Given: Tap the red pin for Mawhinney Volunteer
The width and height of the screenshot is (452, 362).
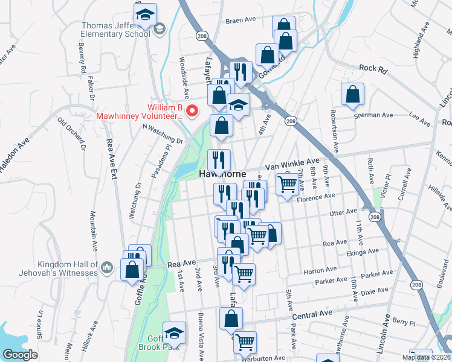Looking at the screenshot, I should [192, 110].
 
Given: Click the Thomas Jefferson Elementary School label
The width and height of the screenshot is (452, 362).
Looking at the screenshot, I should [116, 30].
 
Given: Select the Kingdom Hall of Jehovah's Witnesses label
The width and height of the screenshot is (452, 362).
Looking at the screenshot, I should [68, 268].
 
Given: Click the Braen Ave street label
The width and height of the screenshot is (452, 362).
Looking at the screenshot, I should [237, 21].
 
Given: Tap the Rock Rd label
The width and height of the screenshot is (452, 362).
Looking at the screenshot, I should [372, 69].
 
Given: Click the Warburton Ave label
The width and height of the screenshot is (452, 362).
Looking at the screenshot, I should [263, 358].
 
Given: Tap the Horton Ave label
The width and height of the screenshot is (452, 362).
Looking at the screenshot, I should [315, 271].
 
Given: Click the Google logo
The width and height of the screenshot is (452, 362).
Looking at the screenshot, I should [20, 355].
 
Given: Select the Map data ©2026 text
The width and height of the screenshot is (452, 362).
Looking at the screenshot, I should [426, 357].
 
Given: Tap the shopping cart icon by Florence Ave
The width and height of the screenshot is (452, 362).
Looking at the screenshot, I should [287, 183].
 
